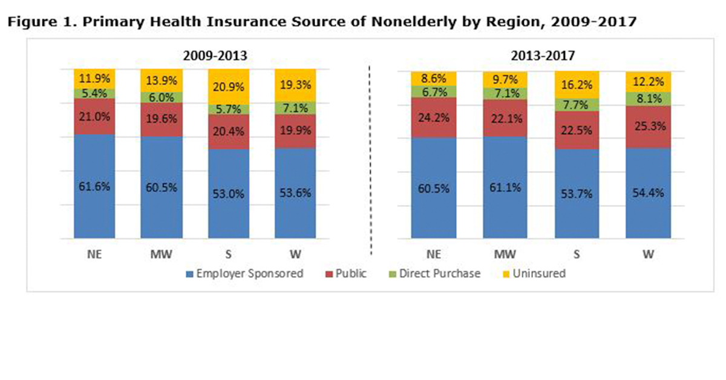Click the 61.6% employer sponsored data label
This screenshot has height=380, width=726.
[94, 186]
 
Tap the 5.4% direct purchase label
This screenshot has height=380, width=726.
[94, 94]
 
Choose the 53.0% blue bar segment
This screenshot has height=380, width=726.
[229, 194]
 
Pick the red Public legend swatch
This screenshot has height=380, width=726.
[329, 274]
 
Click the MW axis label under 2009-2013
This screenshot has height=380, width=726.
[162, 254]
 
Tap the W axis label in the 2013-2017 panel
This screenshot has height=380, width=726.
[648, 254]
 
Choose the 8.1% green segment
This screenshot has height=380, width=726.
[648, 98]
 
